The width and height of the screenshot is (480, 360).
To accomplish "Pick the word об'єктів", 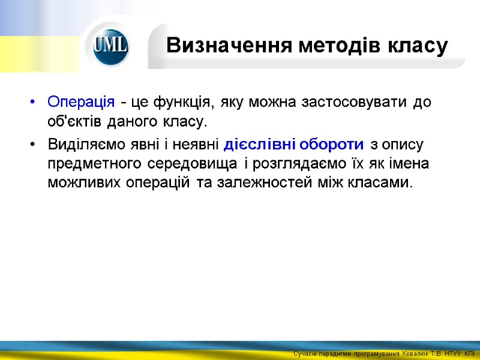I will point(75,122).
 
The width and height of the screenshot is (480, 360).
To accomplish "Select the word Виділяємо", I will point(82,145).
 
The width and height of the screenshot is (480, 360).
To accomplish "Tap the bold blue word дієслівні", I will point(257,145).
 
